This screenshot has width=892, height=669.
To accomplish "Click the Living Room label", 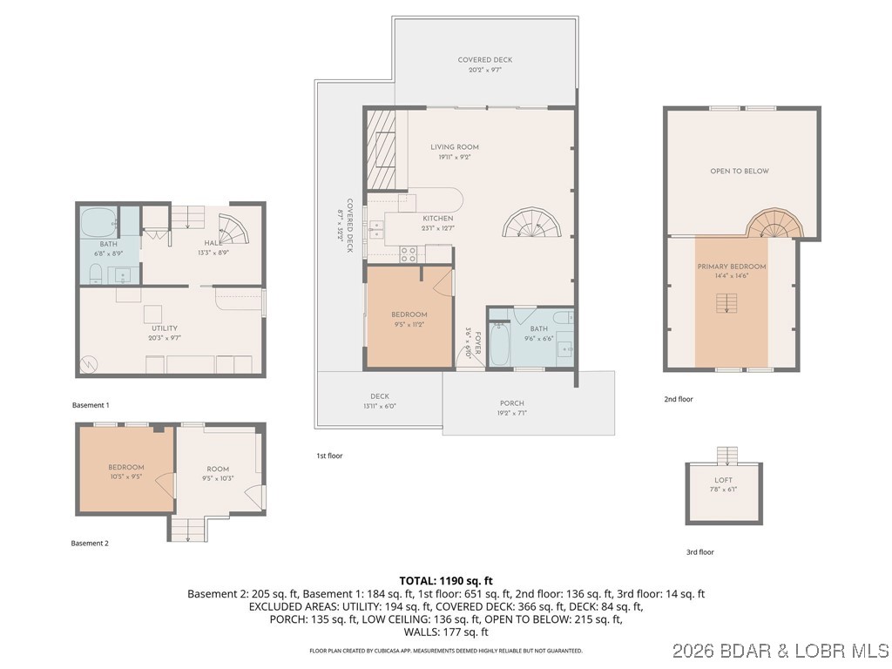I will click(454, 147).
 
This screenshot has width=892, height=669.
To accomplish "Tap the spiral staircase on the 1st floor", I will click(532, 223).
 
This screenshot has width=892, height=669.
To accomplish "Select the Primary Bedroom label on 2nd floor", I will click(731, 267).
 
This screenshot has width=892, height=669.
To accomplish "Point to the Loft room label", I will click(723, 480).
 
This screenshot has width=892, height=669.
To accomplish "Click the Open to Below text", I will click(739, 172).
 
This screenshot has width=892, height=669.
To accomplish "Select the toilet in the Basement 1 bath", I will click(97, 274).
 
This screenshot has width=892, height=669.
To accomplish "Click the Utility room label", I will click(165, 328).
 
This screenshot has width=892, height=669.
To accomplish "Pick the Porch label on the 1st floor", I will click(511, 403).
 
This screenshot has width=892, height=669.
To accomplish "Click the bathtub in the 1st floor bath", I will click(501, 345).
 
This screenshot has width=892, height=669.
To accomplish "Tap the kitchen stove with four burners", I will click(409, 253).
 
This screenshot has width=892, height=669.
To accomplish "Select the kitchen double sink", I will click(377, 229).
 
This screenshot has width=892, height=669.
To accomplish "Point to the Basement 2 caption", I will click(90, 543).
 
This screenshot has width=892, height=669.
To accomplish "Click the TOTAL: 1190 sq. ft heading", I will click(445, 580).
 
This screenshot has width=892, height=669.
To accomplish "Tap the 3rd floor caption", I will click(699, 551).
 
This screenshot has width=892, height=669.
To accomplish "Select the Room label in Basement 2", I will click(217, 470).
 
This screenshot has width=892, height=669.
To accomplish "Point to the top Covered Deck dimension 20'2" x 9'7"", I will click(485, 71).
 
